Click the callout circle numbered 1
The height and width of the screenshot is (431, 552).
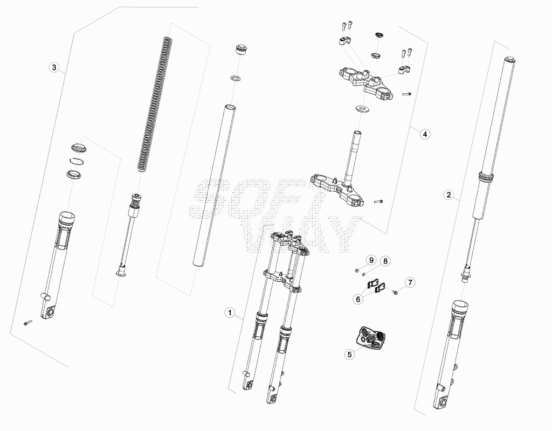(x=230, y=312)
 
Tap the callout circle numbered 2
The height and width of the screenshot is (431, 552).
(x=448, y=194)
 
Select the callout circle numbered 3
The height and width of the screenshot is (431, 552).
(x=54, y=67)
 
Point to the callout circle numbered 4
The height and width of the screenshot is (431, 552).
(x=425, y=134)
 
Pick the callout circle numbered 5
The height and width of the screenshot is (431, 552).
(x=349, y=354)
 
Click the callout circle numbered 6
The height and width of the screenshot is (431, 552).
(x=358, y=299)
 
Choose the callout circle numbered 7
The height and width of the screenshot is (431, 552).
(x=410, y=282)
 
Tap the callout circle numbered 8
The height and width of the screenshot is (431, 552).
(x=385, y=261)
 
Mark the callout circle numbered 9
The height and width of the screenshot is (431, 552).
(x=371, y=260)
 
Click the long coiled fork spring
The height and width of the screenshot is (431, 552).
(x=155, y=104)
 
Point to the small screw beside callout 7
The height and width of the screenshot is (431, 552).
(x=395, y=291)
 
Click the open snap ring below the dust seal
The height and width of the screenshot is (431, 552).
(x=76, y=161)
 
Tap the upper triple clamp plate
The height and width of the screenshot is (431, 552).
(x=366, y=83)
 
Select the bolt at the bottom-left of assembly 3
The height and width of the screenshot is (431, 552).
(x=28, y=322)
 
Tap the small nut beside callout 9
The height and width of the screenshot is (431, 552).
(x=357, y=270)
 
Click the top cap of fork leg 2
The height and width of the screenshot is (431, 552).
(x=509, y=60)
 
